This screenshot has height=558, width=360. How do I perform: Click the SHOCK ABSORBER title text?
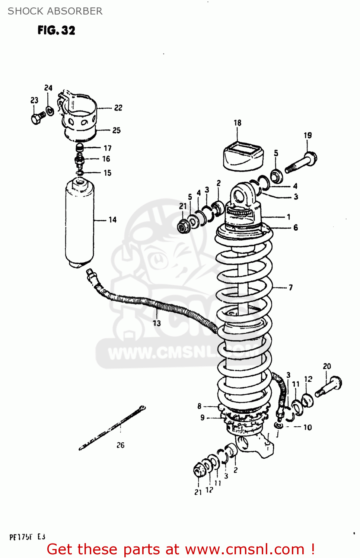[x=55, y=11]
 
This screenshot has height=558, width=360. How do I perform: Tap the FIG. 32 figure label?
[x=56, y=30]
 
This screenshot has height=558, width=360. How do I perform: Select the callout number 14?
[x=112, y=220]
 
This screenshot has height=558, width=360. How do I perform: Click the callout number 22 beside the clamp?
[x=118, y=108]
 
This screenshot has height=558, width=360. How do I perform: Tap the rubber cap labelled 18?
[x=243, y=156]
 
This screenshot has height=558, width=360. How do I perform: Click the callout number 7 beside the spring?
[x=290, y=288]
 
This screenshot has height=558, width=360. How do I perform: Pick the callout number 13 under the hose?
[x=157, y=323]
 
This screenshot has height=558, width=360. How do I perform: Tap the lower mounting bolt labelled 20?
[x=329, y=387]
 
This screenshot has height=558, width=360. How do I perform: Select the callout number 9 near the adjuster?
[x=203, y=418]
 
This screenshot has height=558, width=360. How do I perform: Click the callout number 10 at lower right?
[x=308, y=427]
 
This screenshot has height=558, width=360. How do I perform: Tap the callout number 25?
[x=117, y=130]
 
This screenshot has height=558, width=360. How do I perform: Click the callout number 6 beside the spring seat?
[x=296, y=228]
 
